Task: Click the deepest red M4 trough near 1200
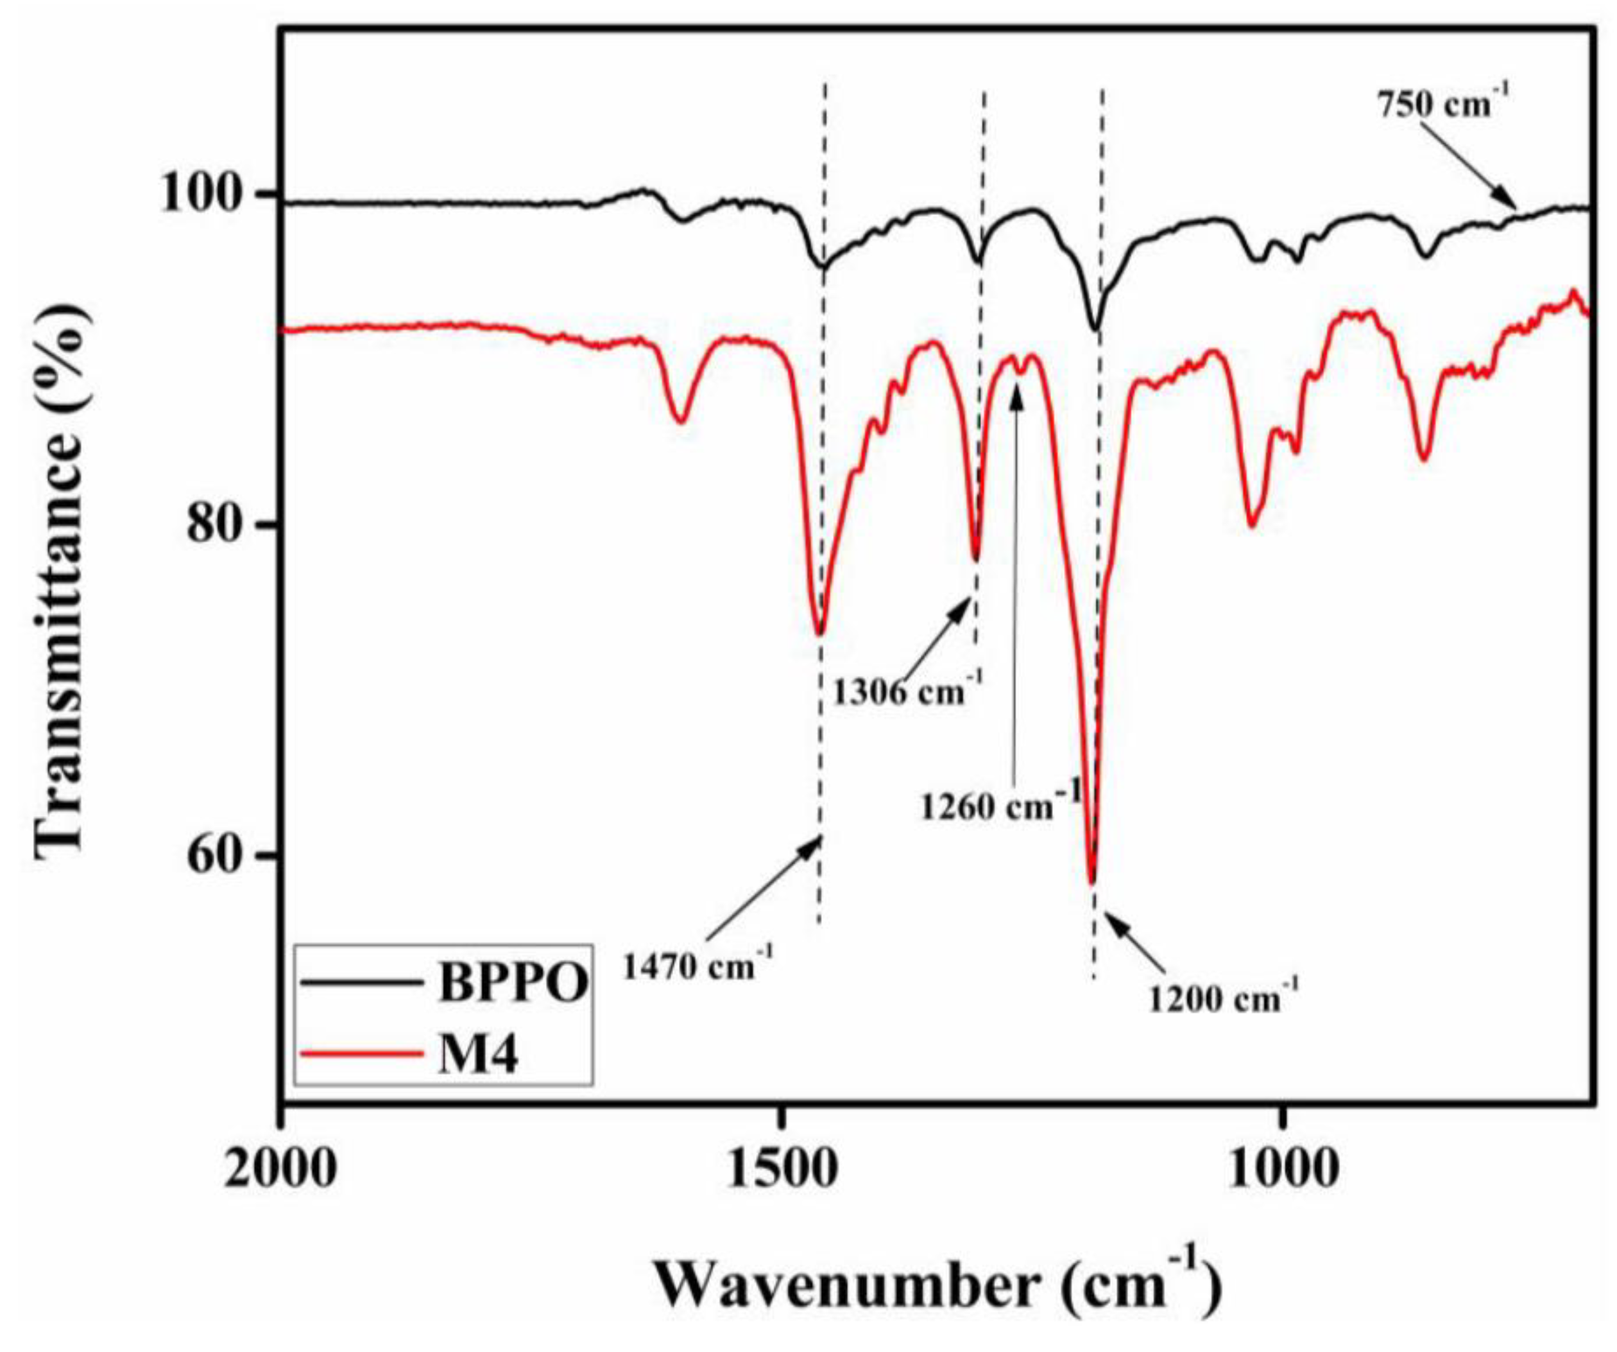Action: [1091, 881]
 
